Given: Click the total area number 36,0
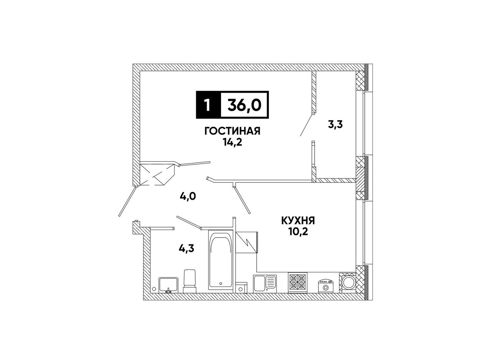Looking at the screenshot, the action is [x=244, y=105].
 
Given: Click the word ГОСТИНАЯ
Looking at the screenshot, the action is [x=232, y=131].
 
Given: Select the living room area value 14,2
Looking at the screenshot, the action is [x=232, y=143].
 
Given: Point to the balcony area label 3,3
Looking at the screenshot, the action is [x=335, y=125].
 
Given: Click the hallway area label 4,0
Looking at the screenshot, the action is [x=188, y=197].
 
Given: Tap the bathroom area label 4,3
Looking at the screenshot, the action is [x=186, y=249].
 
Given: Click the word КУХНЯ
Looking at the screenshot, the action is [x=298, y=221].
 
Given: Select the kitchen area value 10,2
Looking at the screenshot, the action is [x=298, y=232].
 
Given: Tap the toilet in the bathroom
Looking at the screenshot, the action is [x=190, y=281].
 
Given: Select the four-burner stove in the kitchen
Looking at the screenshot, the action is [x=298, y=283].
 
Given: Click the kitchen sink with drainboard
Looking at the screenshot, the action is [x=265, y=284].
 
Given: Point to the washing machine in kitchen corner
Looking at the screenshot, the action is [x=348, y=283].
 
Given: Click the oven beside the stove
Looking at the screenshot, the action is [x=325, y=286].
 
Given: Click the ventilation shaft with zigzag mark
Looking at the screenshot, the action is [x=247, y=243].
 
